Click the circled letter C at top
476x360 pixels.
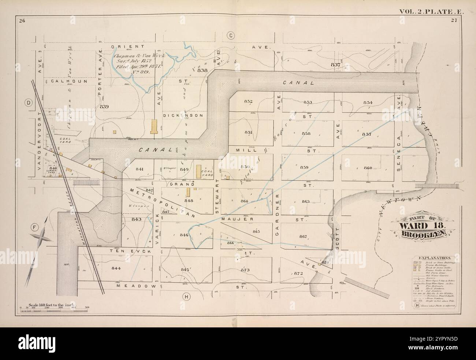coord(231,36)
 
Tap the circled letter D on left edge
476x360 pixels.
coord(28,104)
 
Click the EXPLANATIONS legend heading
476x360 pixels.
coord(434,258)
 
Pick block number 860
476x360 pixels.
coord(368,168)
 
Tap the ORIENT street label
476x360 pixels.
coord(124,47)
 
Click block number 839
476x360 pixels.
coord(104,107)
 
